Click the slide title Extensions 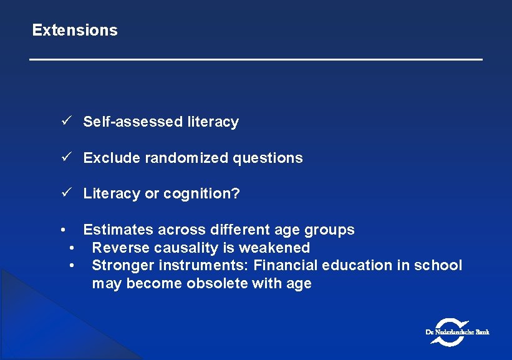click(75, 30)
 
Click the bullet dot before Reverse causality click(73, 248)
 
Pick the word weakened click(278, 248)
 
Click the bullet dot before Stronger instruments click(73, 266)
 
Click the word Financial click(285, 265)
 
